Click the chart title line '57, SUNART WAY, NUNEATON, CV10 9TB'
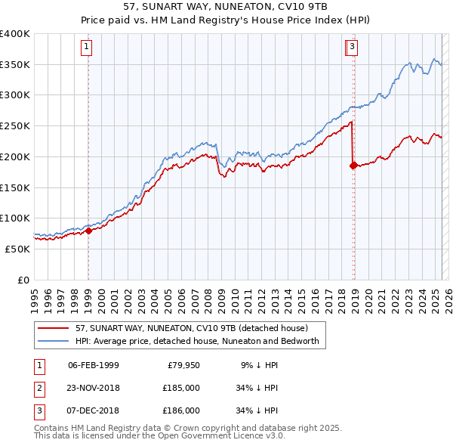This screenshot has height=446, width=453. point(226,6)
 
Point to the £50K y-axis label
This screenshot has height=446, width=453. point(17,249)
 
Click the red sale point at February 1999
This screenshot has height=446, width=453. point(88,231)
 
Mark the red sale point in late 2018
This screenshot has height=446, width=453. point(353,166)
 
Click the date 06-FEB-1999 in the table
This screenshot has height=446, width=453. point(94,365)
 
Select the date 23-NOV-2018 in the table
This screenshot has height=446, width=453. point(94,388)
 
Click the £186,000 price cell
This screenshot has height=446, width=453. point(181,410)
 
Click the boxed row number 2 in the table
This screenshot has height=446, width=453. point(38,388)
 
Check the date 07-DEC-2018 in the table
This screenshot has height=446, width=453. point(94,410)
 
